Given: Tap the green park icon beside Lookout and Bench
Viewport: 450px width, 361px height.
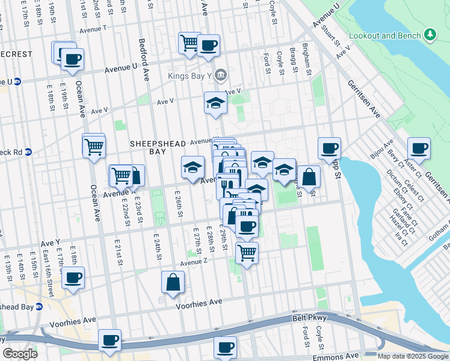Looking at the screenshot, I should pyautogui.click(x=430, y=35).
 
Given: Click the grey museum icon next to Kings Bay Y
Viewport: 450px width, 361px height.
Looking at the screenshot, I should pyautogui.click(x=220, y=75).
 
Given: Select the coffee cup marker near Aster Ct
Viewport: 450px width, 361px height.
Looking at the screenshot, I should pyautogui.click(x=419, y=148).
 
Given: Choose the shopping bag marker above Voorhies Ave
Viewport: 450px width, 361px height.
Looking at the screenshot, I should pyautogui.click(x=173, y=282).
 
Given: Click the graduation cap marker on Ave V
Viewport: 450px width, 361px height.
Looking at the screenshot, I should pyautogui.click(x=215, y=102).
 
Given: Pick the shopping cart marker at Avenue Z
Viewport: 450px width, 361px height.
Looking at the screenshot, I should pyautogui.click(x=247, y=253).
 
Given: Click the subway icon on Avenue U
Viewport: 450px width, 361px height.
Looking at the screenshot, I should pyautogui.click(x=18, y=82).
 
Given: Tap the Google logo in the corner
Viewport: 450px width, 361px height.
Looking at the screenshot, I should pyautogui.click(x=20, y=353).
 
